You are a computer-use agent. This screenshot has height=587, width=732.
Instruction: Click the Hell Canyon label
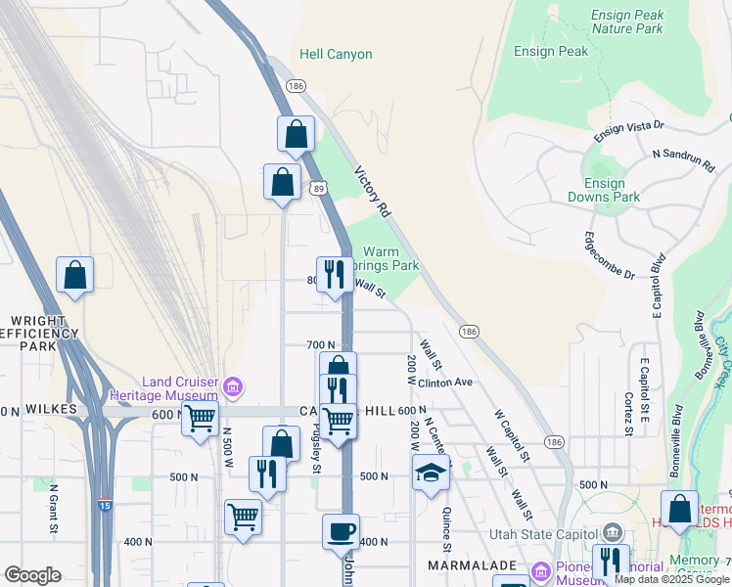(336, 55)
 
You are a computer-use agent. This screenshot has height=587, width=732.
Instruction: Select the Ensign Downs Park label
(604, 190)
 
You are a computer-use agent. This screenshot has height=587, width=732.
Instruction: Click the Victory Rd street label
(373, 191)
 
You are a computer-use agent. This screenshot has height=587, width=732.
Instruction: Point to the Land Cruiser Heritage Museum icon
(233, 388)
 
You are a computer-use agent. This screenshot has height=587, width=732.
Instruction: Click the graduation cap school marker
(431, 474)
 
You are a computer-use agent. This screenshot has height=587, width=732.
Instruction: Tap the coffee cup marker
(342, 532)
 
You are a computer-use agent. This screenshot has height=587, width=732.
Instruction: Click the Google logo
(32, 575)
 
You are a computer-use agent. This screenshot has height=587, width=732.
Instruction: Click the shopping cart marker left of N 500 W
(201, 420)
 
